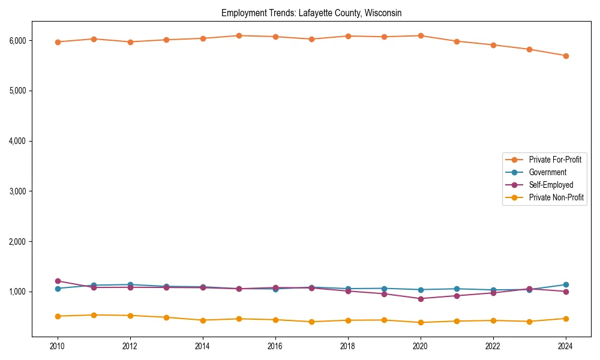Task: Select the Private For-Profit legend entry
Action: point(555,160)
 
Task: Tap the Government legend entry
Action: point(547,172)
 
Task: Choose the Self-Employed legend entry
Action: point(551,185)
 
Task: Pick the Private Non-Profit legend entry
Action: point(556,197)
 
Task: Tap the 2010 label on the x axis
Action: point(58,346)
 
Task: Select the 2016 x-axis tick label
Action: point(275,346)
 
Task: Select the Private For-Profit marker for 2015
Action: point(239,36)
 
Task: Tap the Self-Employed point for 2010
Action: point(58,281)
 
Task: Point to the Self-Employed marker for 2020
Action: point(421,299)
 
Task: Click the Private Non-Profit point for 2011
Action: point(94,315)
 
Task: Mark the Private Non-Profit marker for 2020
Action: point(421,322)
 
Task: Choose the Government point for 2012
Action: point(130,284)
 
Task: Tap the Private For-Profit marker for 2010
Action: point(58,42)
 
